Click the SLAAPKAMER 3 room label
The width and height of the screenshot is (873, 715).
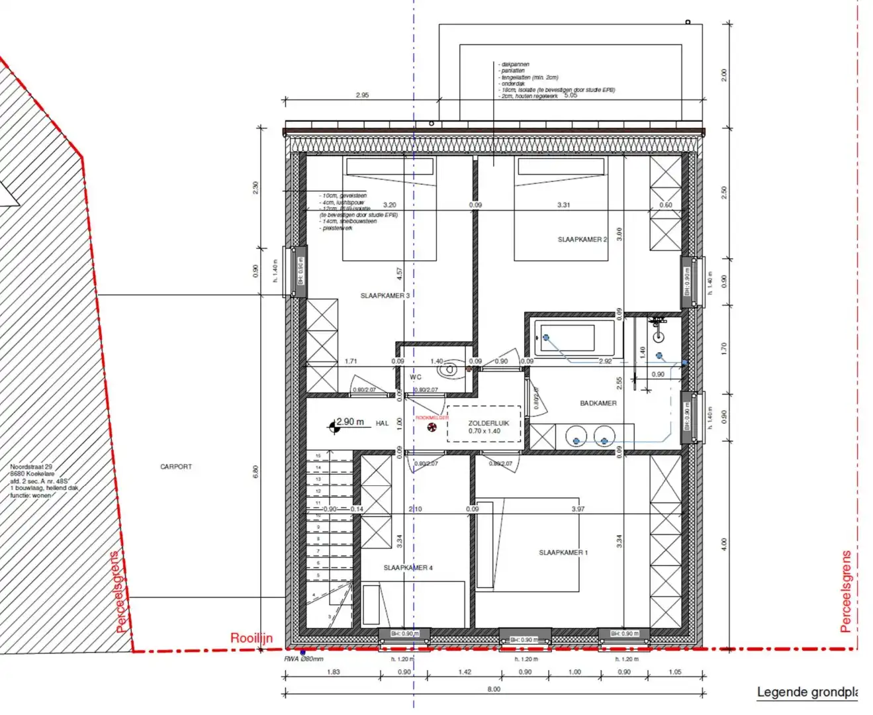click(385, 296)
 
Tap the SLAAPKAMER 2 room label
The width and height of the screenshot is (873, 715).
click(581, 240)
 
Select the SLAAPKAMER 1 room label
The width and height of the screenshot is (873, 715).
click(563, 552)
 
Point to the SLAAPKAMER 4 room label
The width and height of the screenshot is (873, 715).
click(408, 568)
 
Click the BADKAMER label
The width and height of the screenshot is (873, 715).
click(598, 403)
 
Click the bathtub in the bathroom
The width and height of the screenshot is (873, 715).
click(574, 338)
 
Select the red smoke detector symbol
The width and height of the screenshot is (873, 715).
click(432, 428)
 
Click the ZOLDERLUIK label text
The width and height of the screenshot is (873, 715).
click(488, 423)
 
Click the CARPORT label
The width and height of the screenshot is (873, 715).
click(176, 467)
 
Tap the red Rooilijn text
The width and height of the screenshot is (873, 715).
click(251, 638)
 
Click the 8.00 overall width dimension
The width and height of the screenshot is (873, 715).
click(494, 689)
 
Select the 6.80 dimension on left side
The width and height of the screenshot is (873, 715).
click(256, 472)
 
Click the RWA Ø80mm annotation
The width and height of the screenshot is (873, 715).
click(304, 659)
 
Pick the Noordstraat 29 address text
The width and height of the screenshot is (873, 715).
click(31, 467)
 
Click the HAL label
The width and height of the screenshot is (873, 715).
click(382, 424)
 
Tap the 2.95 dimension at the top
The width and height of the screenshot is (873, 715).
click(362, 95)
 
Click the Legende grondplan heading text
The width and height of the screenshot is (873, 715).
click(807, 692)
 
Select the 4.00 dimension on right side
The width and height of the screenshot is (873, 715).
click(723, 544)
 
